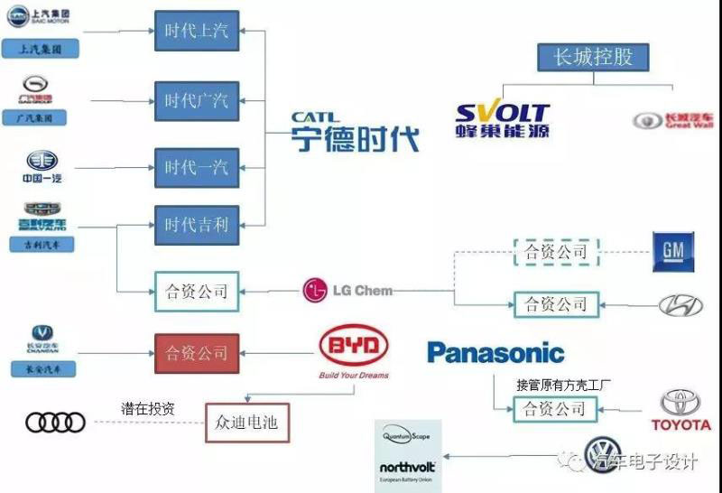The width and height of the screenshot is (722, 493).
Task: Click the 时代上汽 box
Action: [x=196, y=31]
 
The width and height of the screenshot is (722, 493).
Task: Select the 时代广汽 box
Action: [x=196, y=99]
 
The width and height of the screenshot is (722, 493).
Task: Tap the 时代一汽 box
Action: [x=196, y=168]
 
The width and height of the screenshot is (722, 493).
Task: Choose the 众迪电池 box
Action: [x=246, y=421]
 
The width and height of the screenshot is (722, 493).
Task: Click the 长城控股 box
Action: [x=593, y=58]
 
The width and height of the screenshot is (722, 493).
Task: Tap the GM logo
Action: [x=673, y=252]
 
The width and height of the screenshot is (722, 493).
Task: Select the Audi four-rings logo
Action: [x=55, y=422]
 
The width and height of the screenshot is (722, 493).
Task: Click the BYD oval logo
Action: [x=353, y=348]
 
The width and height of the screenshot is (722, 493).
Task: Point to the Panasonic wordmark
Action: [x=495, y=353]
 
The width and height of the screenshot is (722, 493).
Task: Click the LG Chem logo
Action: [x=347, y=291]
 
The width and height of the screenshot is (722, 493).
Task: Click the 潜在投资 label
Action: [x=147, y=408]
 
